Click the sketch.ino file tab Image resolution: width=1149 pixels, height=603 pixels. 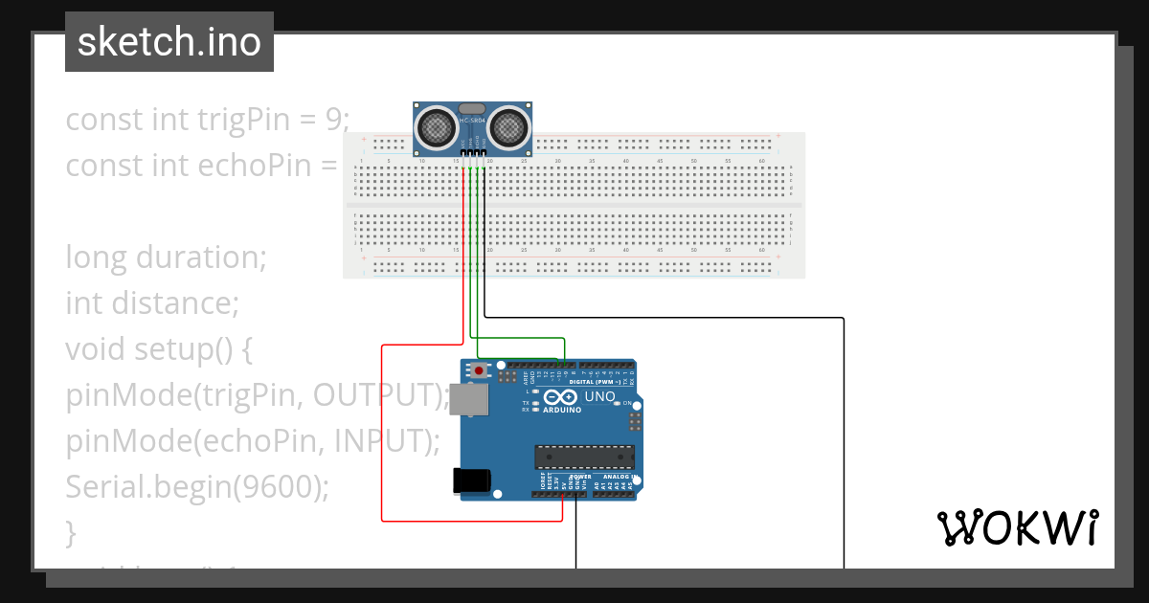[169, 42]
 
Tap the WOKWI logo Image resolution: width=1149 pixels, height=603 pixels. [1017, 528]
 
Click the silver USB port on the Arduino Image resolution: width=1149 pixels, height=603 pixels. [468, 401]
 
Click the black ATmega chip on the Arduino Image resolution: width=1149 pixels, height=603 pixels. [584, 458]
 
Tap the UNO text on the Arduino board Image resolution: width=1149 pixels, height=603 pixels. [599, 396]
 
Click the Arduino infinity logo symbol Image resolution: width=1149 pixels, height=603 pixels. [560, 396]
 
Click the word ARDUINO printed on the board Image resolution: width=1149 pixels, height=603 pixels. [562, 410]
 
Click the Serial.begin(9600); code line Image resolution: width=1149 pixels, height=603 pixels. [197, 487]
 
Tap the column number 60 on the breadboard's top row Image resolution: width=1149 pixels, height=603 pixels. [761, 161]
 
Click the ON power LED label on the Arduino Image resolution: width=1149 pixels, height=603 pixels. [628, 404]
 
